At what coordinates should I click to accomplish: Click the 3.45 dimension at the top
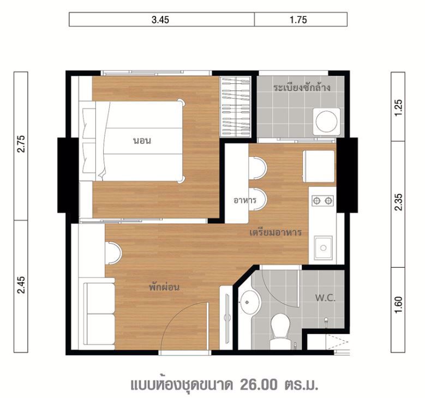(161, 20)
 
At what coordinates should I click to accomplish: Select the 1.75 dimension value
(300, 20)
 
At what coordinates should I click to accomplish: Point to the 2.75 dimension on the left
(21, 145)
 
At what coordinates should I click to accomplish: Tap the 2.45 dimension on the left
(21, 286)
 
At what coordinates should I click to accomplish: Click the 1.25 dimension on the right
(399, 105)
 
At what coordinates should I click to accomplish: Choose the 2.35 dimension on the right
(399, 203)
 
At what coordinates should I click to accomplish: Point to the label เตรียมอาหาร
(276, 232)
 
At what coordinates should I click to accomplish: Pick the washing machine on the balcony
(325, 120)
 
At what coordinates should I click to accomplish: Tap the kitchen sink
(322, 248)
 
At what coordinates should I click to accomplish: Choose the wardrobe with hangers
(236, 106)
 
